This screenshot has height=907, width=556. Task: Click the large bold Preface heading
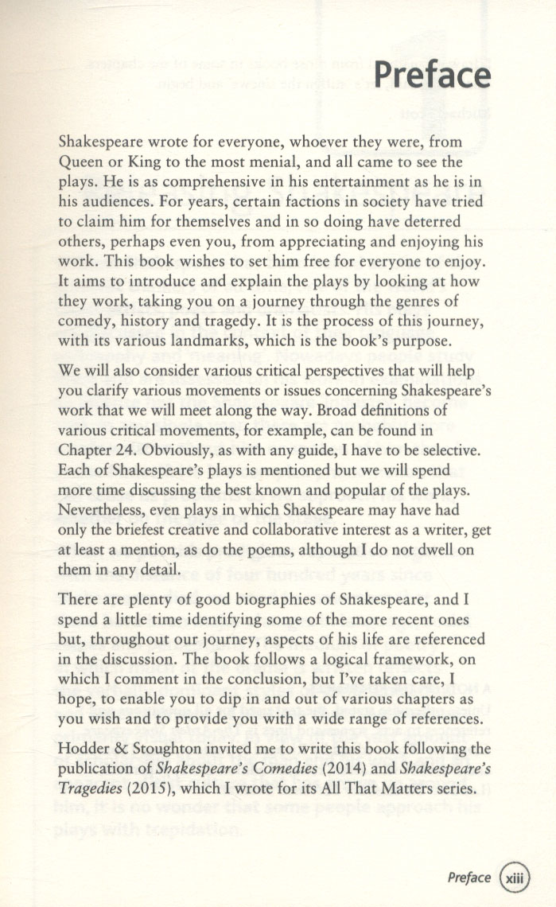[431, 76]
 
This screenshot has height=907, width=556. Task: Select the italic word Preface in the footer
[469, 878]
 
